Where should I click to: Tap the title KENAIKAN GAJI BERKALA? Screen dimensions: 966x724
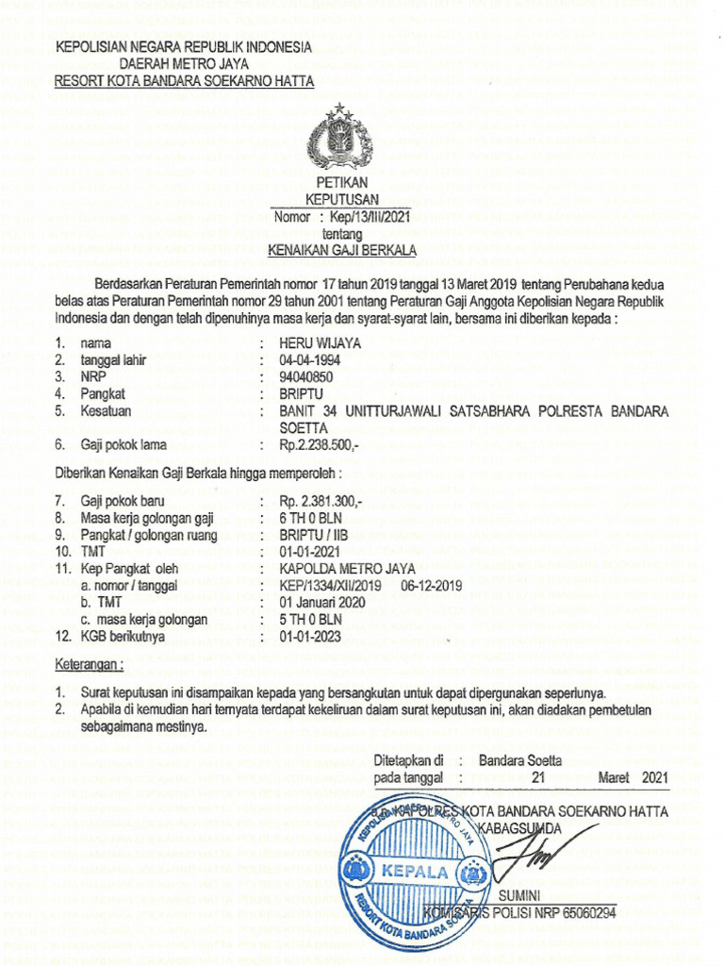[342, 250]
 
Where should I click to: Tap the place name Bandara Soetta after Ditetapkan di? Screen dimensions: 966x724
[519, 759]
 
